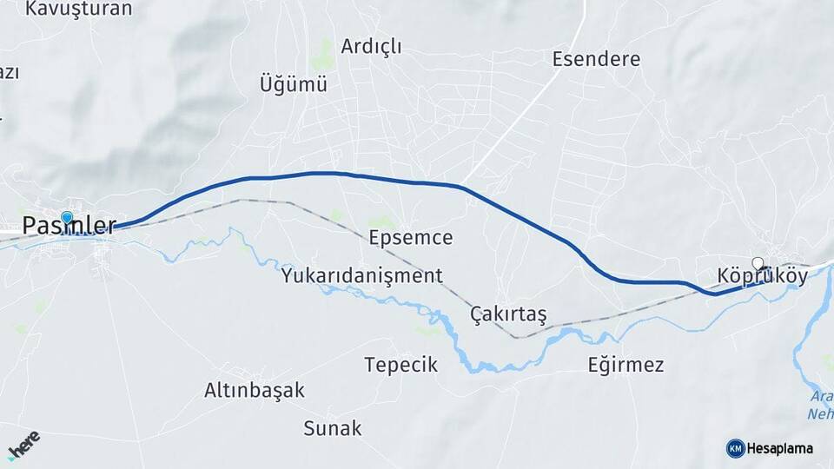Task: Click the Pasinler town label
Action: (x=69, y=227)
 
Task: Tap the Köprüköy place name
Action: (x=763, y=276)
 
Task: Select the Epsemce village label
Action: (x=411, y=237)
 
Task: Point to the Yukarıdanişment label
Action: (x=361, y=276)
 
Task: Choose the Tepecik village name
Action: (x=400, y=364)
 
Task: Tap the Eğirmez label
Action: (x=625, y=364)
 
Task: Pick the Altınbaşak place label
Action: (x=255, y=390)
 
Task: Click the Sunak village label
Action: (x=333, y=428)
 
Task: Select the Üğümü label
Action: (x=294, y=84)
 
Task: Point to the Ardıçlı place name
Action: (x=372, y=46)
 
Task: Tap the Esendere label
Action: (x=596, y=59)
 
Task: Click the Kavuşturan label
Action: (x=79, y=9)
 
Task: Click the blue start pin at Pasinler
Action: (x=67, y=217)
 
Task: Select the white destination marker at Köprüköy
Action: (x=758, y=263)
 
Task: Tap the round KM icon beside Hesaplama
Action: (x=735, y=448)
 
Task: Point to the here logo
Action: (x=23, y=444)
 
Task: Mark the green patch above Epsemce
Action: (x=381, y=222)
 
